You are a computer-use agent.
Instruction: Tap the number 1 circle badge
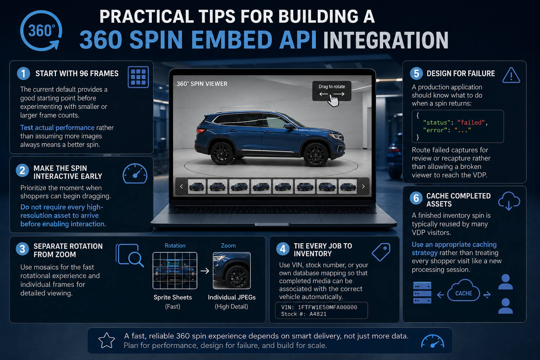[24, 73]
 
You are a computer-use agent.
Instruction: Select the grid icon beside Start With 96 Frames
[138, 77]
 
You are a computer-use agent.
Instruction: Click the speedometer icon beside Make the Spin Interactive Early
[135, 174]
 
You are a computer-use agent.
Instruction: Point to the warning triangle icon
[511, 76]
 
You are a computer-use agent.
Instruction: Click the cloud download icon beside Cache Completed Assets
[509, 201]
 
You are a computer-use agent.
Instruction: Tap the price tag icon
[381, 252]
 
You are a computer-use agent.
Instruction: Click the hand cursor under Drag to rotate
[333, 101]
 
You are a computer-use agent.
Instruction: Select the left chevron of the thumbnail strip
[181, 186]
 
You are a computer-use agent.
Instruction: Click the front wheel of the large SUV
[316, 154]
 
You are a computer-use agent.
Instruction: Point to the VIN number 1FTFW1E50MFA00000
[327, 307]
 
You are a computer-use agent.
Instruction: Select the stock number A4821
[318, 314]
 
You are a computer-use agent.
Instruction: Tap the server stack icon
[422, 292]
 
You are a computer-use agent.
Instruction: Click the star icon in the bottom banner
[107, 340]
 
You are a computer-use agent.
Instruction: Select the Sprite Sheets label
[173, 297]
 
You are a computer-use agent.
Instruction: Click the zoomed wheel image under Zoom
[232, 271]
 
